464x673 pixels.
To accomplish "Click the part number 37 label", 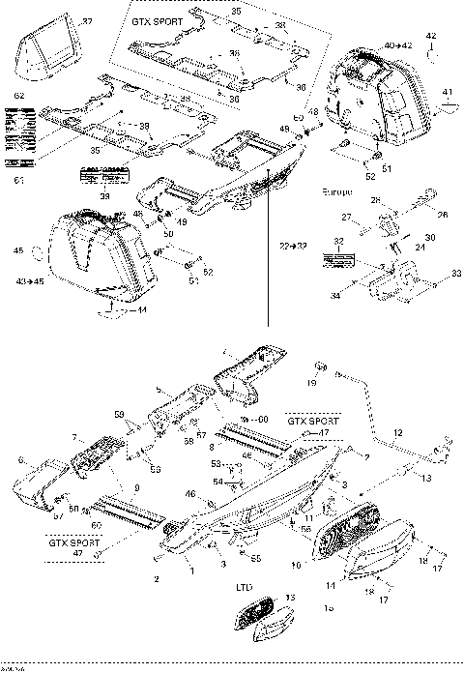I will [x=88, y=21].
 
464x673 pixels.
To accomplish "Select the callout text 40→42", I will [x=397, y=45].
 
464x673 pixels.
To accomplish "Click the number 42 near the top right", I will [x=431, y=36].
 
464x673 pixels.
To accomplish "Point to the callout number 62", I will [x=19, y=97].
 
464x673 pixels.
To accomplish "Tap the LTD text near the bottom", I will [x=246, y=587].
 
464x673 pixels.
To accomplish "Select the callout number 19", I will [x=311, y=382].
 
